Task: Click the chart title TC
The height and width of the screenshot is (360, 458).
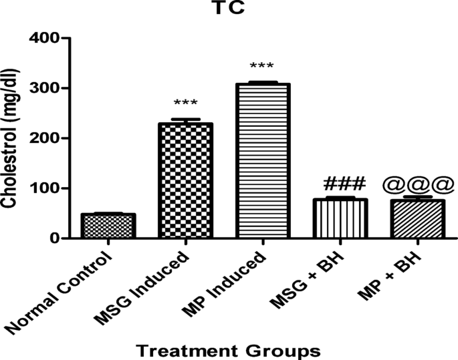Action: click(x=228, y=10)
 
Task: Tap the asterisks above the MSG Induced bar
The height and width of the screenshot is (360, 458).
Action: click(x=185, y=104)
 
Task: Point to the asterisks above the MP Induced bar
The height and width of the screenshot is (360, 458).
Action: click(x=261, y=66)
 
